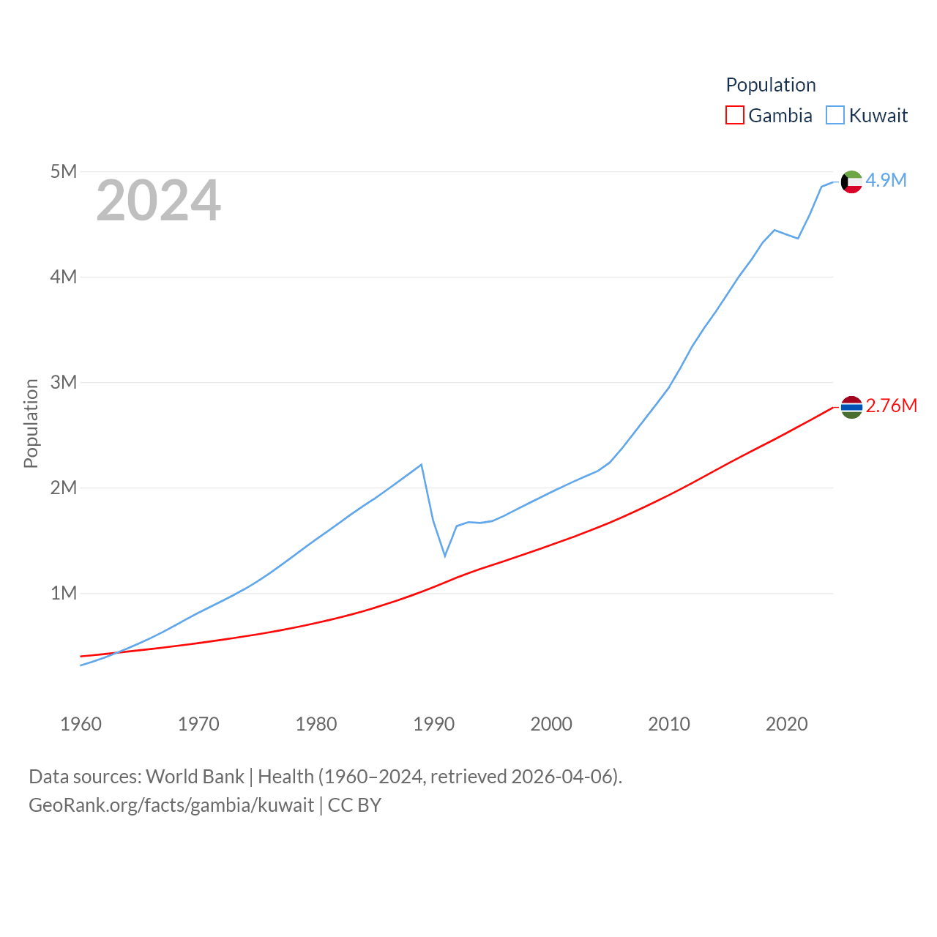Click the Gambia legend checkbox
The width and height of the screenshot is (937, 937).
[x=735, y=116]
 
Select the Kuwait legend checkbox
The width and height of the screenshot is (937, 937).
[x=835, y=116]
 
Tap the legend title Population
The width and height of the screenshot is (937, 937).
[x=770, y=85]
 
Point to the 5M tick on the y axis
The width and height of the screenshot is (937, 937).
[x=64, y=171]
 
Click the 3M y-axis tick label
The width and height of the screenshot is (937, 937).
[x=64, y=382]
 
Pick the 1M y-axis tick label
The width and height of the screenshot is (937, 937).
[x=64, y=593]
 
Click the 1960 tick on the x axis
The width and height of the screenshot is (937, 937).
[x=81, y=724]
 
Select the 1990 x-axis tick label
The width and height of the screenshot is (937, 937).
[x=433, y=724]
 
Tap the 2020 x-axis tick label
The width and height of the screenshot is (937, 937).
[x=786, y=724]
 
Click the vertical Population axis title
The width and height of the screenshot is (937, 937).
[x=31, y=423]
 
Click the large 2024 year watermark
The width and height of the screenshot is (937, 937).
[x=158, y=200]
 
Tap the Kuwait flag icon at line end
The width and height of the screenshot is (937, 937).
[x=851, y=182]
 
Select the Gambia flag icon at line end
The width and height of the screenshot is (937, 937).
[x=851, y=407]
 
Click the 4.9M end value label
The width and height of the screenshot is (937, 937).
[x=886, y=180]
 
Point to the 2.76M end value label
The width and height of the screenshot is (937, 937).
[x=891, y=406]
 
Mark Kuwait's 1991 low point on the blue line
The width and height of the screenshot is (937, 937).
[x=444, y=556]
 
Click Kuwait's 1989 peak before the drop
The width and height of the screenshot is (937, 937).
[x=422, y=464]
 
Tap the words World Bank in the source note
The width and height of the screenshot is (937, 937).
[x=195, y=776]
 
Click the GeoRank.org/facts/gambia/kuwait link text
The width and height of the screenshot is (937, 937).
[x=171, y=805]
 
